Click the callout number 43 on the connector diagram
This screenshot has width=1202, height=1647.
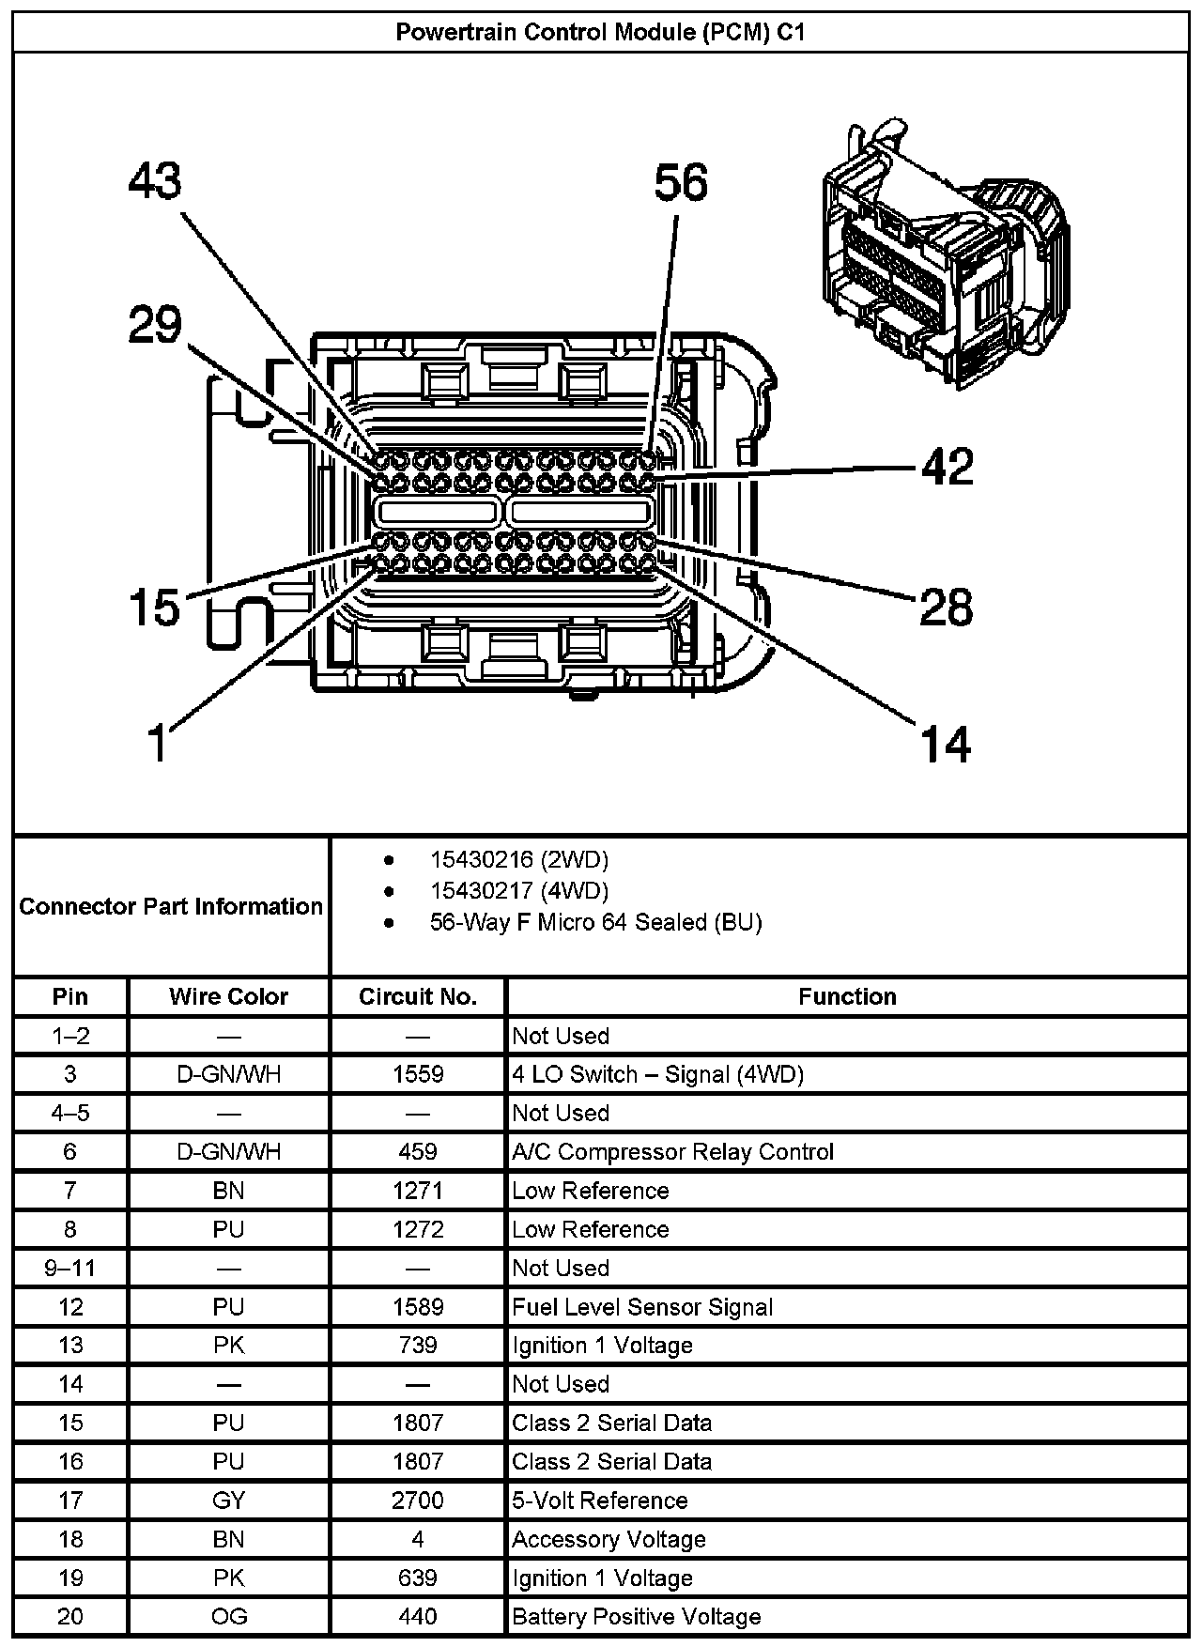155,180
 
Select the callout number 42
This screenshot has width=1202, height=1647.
948,467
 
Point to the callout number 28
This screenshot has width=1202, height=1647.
946,607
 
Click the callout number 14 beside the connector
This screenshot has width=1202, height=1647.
946,745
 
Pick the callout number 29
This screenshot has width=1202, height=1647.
155,326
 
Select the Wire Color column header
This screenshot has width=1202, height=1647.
228,996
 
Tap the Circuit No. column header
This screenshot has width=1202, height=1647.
418,996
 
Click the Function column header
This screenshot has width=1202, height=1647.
847,996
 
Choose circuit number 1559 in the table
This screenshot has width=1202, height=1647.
418,1074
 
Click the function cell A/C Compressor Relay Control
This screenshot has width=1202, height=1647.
672,1152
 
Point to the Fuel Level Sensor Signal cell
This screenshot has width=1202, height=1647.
642,1307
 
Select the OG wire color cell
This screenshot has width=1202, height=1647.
228,1617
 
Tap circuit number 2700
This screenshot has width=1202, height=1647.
418,1501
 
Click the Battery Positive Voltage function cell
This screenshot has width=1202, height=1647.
636,1617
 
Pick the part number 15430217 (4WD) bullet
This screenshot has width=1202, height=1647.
518,890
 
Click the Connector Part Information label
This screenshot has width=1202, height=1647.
171,906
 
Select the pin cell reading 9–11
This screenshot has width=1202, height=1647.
70,1269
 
